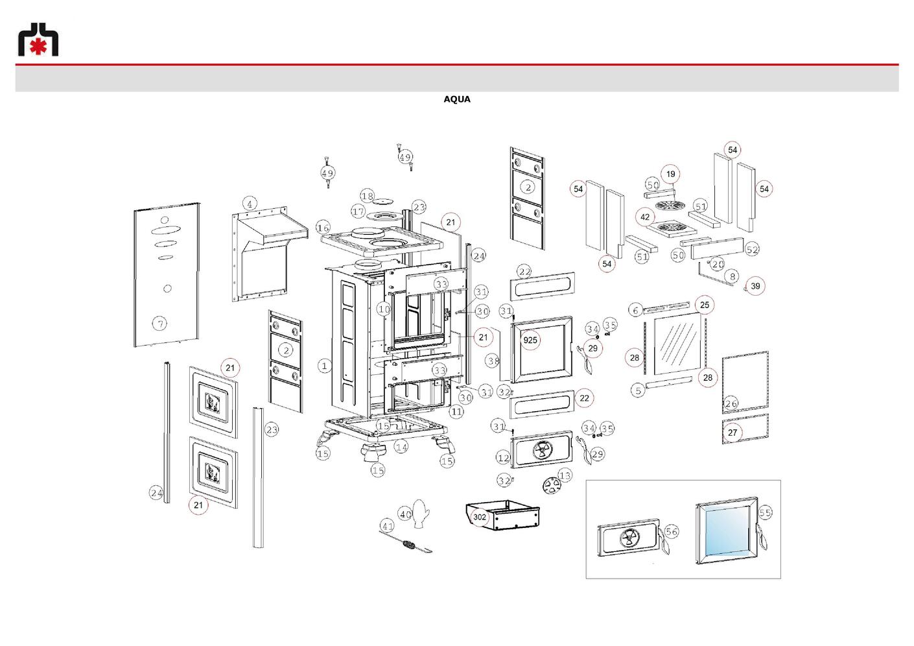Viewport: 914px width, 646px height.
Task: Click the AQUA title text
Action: (x=456, y=99)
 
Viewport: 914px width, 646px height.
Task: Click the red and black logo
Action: (x=38, y=40)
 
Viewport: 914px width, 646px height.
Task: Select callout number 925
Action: (x=530, y=340)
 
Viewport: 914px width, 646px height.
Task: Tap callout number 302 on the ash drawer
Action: (x=480, y=517)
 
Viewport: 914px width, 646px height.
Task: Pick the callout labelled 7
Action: (x=159, y=324)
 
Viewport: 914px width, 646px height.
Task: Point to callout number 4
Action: (x=250, y=204)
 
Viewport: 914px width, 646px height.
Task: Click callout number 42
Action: (x=645, y=217)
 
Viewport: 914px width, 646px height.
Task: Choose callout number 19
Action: (x=670, y=174)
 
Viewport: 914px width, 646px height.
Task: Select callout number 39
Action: (x=755, y=286)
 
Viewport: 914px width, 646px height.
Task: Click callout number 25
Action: (x=705, y=305)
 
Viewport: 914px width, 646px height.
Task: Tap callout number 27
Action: (x=732, y=433)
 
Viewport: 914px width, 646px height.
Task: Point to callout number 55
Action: (x=765, y=512)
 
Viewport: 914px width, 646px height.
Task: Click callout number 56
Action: (x=672, y=531)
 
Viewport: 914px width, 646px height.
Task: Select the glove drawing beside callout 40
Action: (x=421, y=513)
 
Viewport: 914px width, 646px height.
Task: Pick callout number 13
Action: (x=565, y=475)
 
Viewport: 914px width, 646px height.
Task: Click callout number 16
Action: (x=323, y=228)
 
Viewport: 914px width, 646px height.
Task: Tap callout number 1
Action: (x=324, y=365)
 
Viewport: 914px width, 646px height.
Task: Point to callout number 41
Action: (x=387, y=527)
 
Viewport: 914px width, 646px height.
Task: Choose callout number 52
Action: (x=752, y=249)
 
